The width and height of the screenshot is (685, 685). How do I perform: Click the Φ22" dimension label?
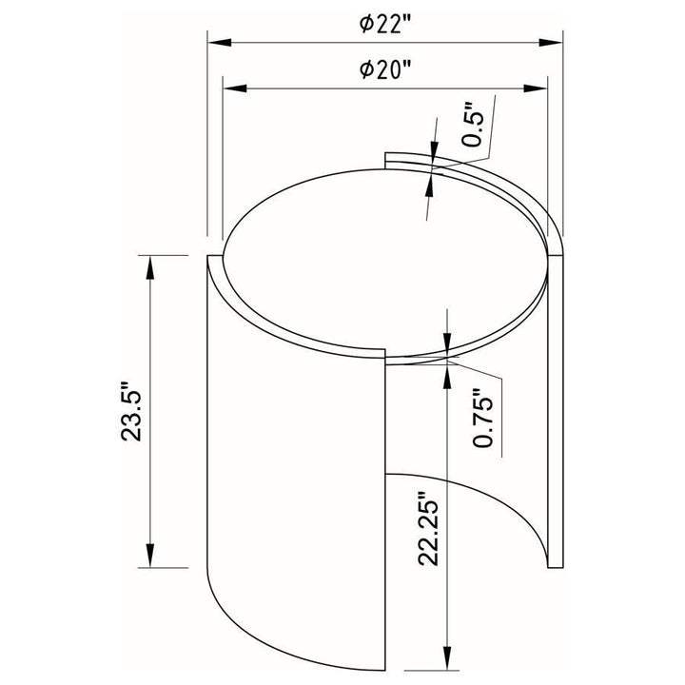[x=385, y=24]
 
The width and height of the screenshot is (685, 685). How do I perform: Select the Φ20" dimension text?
[x=385, y=69]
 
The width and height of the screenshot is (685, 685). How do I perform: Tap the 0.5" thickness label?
[x=474, y=126]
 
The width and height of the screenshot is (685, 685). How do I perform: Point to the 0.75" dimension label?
[x=482, y=418]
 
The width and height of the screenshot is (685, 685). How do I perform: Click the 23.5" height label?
[x=131, y=412]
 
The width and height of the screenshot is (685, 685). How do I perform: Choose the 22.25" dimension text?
[x=428, y=529]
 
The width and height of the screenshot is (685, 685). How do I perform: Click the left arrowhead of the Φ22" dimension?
[x=220, y=43]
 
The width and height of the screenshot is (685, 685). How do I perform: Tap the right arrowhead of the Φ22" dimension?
[x=551, y=43]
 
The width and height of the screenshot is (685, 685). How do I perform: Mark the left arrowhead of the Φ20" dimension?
[x=235, y=88]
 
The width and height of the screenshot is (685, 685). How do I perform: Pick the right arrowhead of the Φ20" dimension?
[x=535, y=88]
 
